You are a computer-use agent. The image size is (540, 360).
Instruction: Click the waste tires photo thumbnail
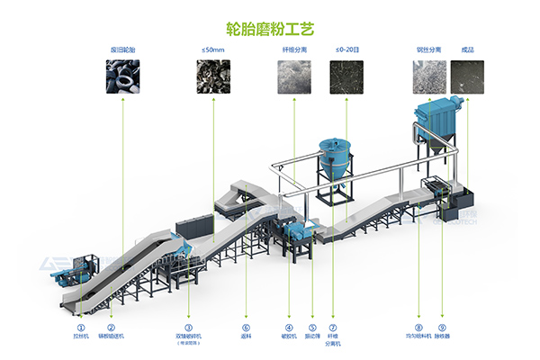121,78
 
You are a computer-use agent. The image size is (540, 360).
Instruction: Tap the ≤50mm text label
213,50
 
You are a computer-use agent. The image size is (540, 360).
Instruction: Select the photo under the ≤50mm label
213,78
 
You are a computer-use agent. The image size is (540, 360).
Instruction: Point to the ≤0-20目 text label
346,50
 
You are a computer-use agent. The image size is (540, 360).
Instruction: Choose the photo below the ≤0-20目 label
346,78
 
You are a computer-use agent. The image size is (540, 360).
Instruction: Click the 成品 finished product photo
467,78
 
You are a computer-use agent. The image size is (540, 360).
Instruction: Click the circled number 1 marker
81,327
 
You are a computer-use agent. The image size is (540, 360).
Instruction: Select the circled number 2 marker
112,327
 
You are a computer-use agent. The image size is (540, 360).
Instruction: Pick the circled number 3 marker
188,327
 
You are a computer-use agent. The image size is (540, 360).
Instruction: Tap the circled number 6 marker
246,327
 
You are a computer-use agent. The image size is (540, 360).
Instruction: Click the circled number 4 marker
289,327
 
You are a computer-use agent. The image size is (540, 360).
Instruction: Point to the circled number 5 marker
312,327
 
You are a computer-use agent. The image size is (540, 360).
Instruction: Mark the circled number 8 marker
418,327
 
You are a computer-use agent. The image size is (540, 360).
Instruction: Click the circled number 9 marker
442,327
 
